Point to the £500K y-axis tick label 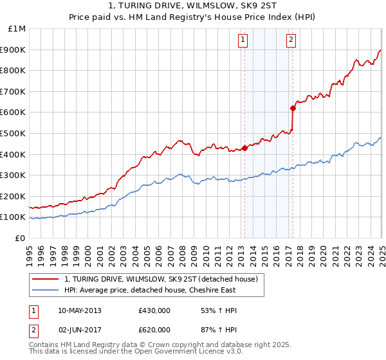pos(14,133)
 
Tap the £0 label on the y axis pos(21,238)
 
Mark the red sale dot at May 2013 pos(244,148)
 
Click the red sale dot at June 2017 pos(293,108)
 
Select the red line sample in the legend pos(46,279)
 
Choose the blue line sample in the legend pos(46,290)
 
